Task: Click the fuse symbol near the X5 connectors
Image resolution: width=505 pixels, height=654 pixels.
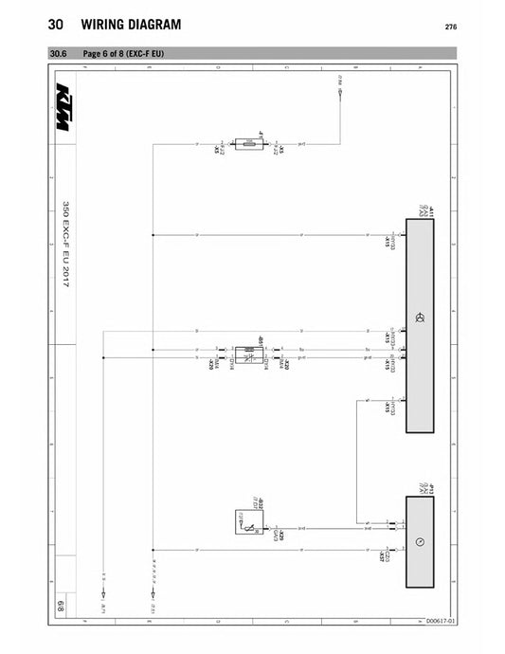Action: click(x=249, y=146)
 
